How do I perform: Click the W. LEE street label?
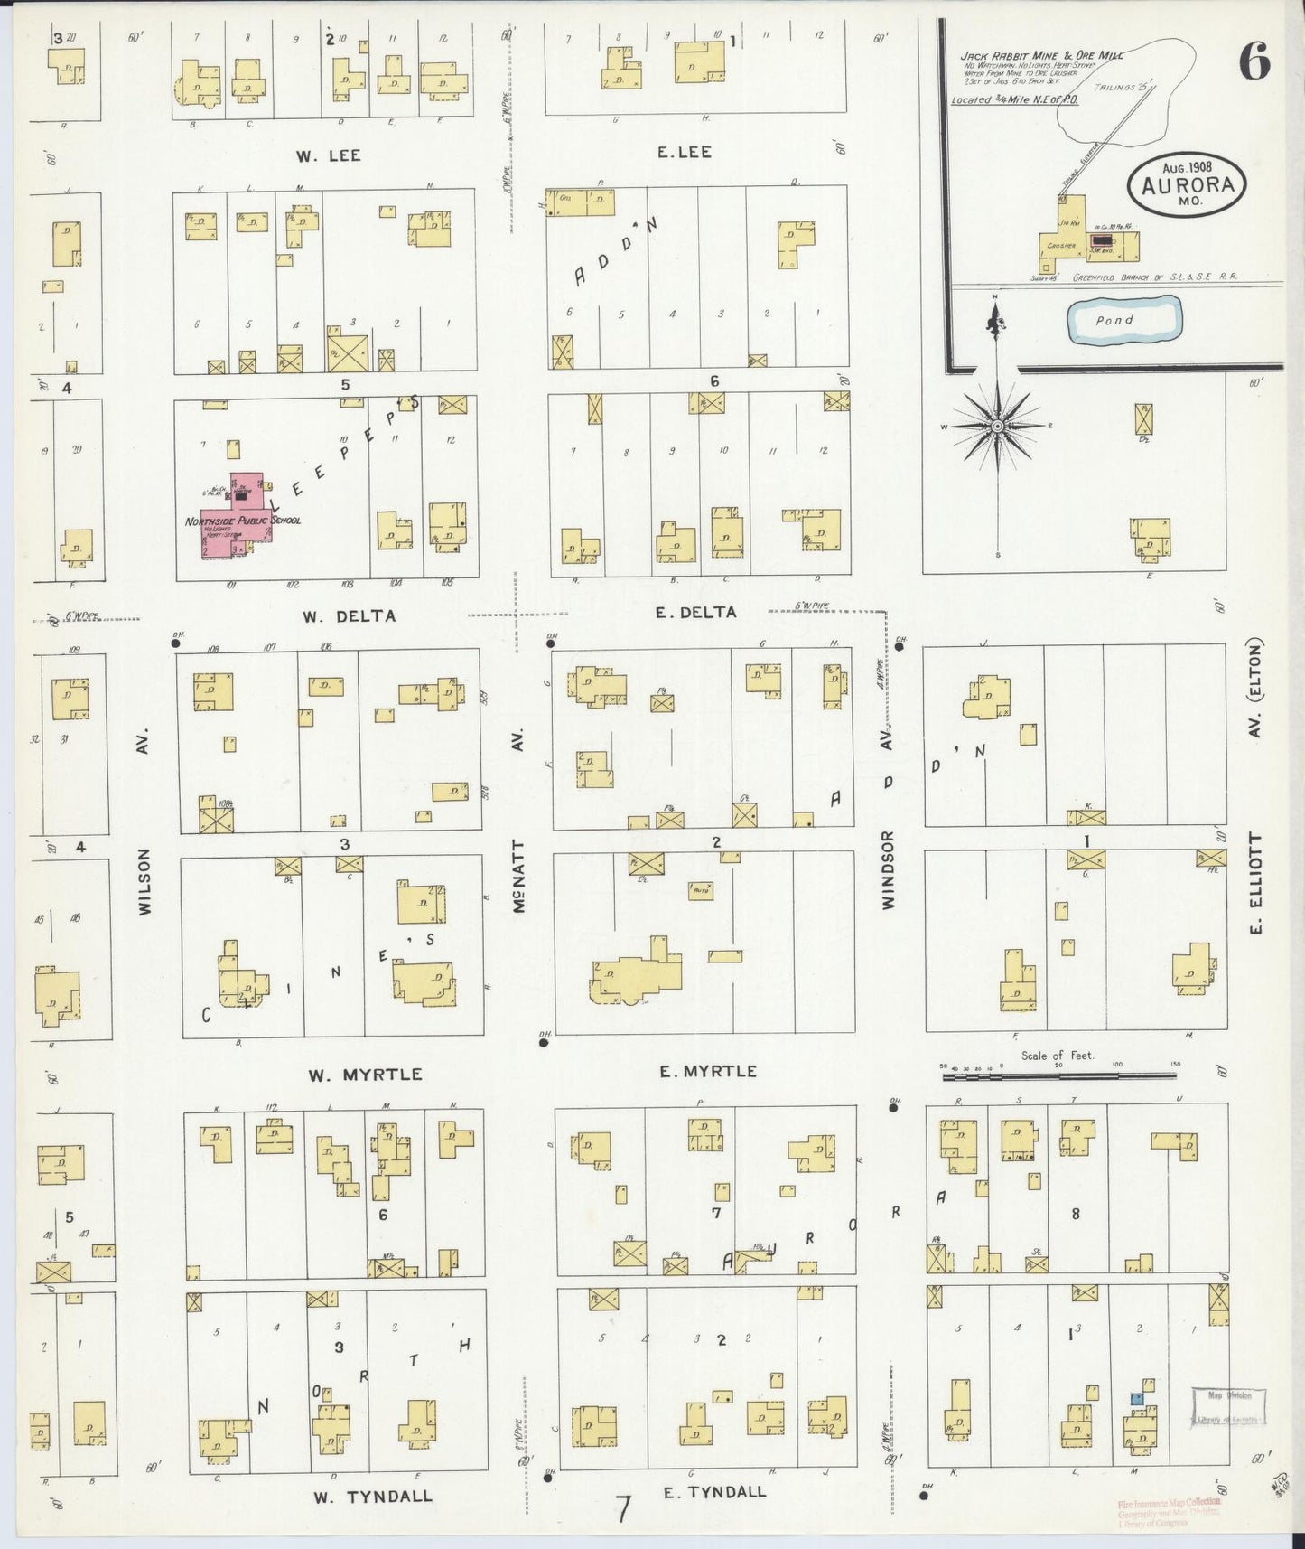pos(327,155)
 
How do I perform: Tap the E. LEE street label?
pos(684,152)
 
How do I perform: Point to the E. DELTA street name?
pos(695,612)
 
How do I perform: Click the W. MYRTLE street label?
pos(365,1075)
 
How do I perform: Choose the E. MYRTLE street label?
pos(707,1071)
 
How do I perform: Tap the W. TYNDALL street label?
pos(372,1496)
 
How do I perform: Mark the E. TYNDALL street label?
pos(714,1491)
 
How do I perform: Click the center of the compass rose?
pos(997,426)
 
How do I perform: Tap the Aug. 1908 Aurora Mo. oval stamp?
pos(1186,183)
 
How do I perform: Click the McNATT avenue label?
pos(518,877)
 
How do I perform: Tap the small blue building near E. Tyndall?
pos(1138,1398)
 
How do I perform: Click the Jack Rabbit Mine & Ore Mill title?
pos(1040,56)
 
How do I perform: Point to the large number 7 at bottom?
pos(622,1508)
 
